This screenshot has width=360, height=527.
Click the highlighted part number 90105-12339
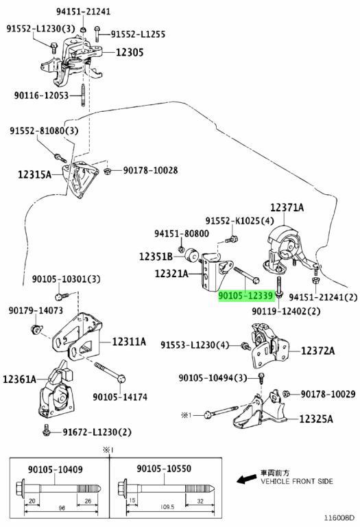[x=245, y=296]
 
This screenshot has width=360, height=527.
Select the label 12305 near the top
[x=130, y=52]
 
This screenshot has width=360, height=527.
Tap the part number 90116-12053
[x=41, y=95]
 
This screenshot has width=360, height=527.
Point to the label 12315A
[x=34, y=174]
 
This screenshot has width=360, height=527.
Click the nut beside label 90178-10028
[x=108, y=171]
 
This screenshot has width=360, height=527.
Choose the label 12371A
[x=287, y=207]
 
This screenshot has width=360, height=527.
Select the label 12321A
[x=171, y=274]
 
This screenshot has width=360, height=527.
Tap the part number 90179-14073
[x=36, y=310]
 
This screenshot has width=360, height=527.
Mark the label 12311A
[x=129, y=342]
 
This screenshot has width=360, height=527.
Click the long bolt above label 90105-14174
[x=110, y=372]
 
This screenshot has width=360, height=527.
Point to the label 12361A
[x=19, y=379]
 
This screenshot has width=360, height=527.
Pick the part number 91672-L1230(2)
[x=97, y=432]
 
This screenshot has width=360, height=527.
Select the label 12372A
[x=317, y=351]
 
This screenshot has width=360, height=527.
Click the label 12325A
[x=316, y=419]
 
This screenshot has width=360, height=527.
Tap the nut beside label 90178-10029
[x=287, y=394]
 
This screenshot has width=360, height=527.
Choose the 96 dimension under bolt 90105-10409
[x=62, y=508]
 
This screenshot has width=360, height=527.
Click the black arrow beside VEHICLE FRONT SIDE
[x=246, y=479]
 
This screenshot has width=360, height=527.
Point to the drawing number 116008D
[x=339, y=518]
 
